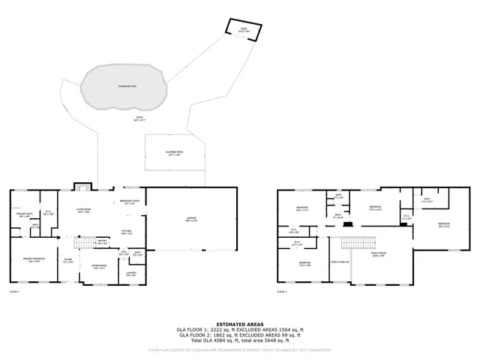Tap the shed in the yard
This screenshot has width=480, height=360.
243,31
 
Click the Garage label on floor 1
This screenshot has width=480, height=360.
192,220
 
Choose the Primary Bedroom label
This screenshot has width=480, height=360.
32,259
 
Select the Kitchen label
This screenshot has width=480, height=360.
127,232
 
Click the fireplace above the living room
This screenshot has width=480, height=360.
81,187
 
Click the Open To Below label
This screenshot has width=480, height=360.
340,262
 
